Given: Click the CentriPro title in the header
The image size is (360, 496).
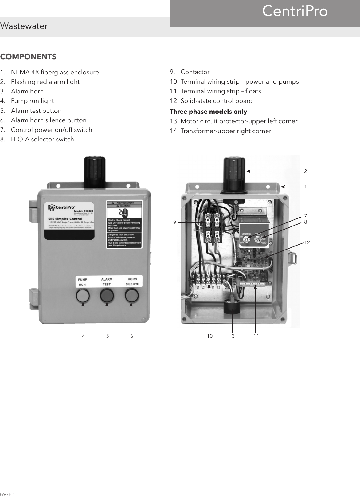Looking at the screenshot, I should pos(295,12).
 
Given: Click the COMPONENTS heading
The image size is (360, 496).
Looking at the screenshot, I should pos(28,57).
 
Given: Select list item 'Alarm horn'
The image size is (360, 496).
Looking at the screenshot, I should pos(27,91).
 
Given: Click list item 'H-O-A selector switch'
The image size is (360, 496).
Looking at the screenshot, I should pos(42,139).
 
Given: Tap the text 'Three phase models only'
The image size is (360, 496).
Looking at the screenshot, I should pos(208,111).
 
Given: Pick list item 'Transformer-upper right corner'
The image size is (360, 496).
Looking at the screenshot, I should pos(226,131).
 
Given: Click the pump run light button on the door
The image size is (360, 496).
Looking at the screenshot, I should pos(83,296).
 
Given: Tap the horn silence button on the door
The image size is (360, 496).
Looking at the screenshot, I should pos(132,296).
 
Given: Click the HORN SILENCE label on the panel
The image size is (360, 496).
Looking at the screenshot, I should pos(132,281).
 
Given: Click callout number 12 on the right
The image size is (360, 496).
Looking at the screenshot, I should pos(307,242).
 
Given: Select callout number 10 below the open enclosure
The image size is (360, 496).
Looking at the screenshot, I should pos(209,336).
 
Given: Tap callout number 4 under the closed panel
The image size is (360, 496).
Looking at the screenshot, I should pos(83,336).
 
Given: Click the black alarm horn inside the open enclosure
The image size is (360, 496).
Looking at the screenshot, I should pos(232,305).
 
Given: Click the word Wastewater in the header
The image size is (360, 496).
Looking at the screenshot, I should pos(24,26).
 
